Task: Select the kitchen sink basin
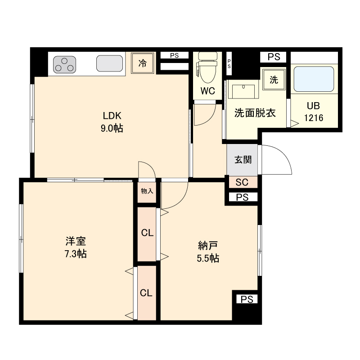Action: click(x=110, y=64)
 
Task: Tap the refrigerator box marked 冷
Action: click(x=142, y=63)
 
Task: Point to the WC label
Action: click(x=207, y=91)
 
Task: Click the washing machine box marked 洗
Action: click(x=274, y=80)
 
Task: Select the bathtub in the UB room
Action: click(x=314, y=79)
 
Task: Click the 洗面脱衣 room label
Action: click(x=255, y=113)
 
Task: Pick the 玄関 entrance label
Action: click(x=243, y=159)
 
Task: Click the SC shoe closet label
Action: click(x=242, y=182)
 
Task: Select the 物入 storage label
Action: click(x=147, y=191)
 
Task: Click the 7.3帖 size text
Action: click(x=75, y=253)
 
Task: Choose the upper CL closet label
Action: click(x=147, y=233)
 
